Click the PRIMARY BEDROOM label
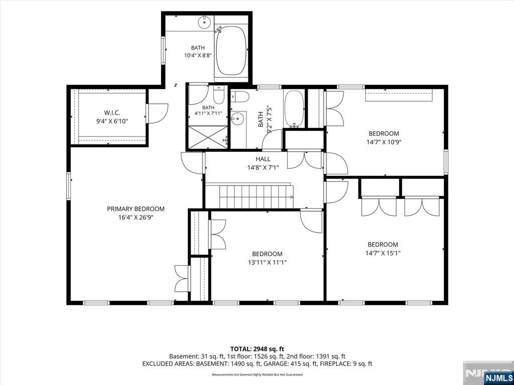coord(136,209)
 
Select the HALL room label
coord(263,159)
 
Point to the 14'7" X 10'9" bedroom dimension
coord(384,142)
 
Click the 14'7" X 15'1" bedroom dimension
coord(383,253)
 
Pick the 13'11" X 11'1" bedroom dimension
coord(267,262)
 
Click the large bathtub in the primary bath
coord(231,51)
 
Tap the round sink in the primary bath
coord(204,22)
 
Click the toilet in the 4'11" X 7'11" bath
coord(218,94)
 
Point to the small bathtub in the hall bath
coord(294,108)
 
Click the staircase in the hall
coord(256,197)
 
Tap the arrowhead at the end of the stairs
coord(292,197)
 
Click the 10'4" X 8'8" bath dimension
coord(198,56)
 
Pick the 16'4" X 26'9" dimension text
coord(136,217)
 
